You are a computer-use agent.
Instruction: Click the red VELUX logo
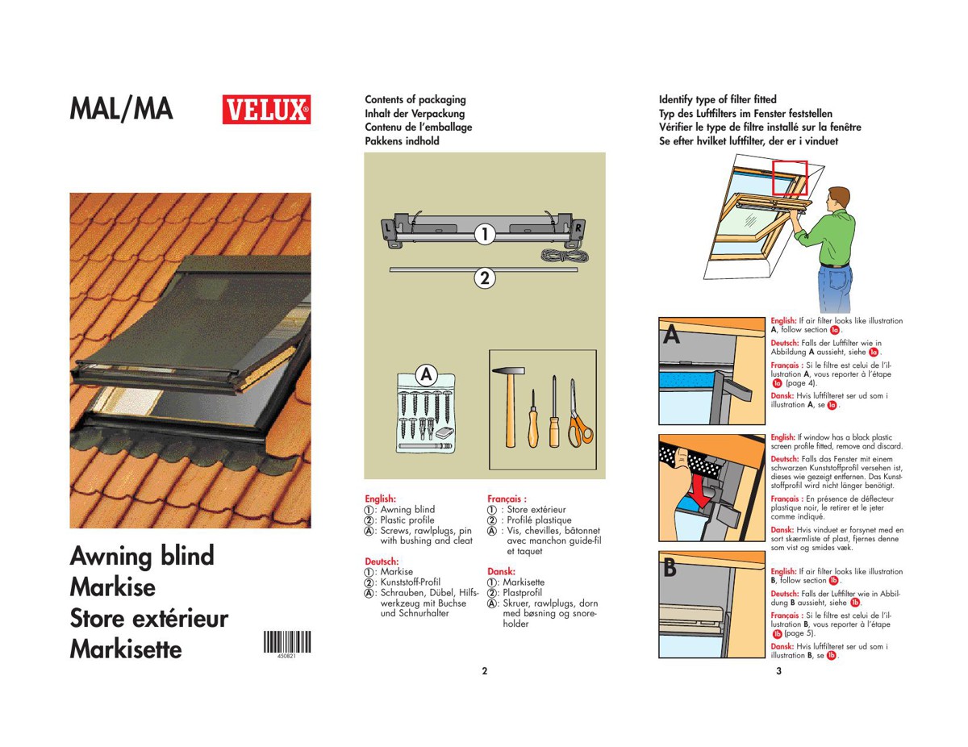click(266, 109)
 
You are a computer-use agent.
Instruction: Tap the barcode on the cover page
click(287, 642)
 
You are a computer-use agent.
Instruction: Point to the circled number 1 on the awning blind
click(484, 234)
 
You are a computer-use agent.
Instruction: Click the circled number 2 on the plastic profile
click(485, 278)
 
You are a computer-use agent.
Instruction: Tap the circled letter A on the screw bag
click(426, 375)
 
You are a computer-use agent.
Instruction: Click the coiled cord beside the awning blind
click(564, 256)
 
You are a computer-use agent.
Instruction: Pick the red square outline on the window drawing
click(790, 177)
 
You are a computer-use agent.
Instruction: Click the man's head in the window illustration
click(839, 198)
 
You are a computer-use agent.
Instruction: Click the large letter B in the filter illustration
click(670, 569)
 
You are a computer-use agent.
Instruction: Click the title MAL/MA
click(121, 109)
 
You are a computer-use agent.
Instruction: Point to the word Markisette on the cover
click(126, 649)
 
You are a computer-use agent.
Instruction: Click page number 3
click(778, 671)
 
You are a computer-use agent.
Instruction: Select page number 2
click(485, 671)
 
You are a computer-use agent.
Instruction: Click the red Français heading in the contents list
click(507, 499)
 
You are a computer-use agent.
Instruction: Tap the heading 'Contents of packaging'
click(415, 100)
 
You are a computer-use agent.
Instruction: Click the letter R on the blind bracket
click(578, 228)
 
